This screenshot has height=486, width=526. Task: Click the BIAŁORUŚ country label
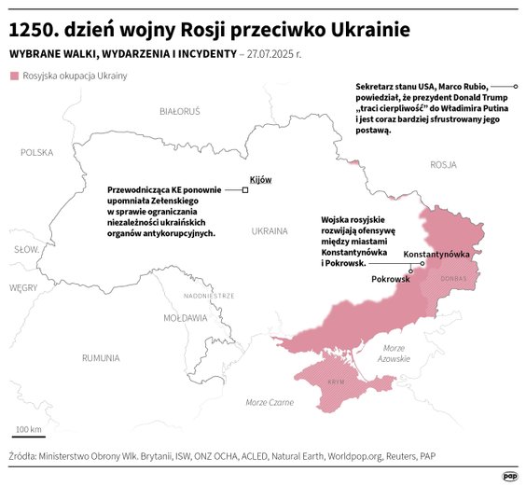point(180,111)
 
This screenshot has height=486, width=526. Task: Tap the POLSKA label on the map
point(37,151)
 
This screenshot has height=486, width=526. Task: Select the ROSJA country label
point(443,164)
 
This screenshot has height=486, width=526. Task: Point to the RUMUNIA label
point(100,357)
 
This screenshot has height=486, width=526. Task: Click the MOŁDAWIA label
point(185,317)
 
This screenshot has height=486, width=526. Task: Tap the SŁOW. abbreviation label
point(24,249)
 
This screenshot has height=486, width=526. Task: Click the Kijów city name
point(260,179)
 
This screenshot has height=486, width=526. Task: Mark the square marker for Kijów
point(245,189)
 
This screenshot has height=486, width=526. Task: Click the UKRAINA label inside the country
point(270,229)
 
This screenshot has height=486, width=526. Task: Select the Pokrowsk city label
point(391,279)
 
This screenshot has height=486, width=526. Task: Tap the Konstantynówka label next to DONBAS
point(435,254)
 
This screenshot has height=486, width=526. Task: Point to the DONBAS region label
point(453,278)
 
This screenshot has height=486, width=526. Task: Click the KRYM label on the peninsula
point(337,382)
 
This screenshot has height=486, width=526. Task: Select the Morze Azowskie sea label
point(394,353)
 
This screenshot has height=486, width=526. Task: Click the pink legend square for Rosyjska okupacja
point(13,76)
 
